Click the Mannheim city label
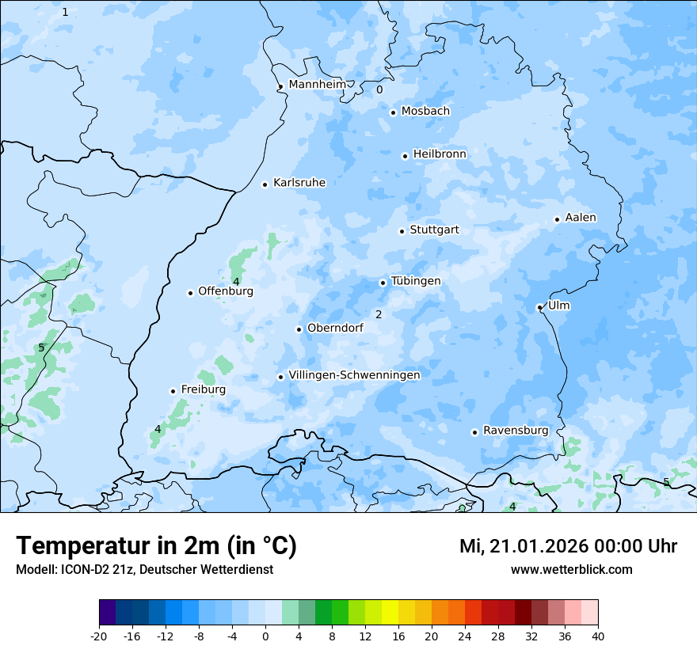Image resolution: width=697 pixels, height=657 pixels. point(317,84)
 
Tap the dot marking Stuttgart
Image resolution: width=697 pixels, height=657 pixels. point(402,231)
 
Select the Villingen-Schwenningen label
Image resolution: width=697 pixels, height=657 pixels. point(354,374)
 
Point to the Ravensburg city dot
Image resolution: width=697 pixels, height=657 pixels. point(474,432)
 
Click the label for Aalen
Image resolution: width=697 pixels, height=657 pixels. point(581,218)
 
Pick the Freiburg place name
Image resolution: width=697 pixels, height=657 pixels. point(203,389)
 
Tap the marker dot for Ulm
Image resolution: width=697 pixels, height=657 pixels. point(539,307)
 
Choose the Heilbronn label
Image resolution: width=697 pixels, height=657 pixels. point(440,154)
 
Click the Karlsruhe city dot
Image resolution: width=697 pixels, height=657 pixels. point(265,184)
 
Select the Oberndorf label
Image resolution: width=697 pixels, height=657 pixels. point(335,328)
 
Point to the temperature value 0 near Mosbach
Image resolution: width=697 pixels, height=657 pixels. point(379,89)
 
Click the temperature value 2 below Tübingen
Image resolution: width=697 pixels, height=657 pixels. point(379,314)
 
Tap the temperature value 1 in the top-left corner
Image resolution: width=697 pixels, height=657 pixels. point(65,12)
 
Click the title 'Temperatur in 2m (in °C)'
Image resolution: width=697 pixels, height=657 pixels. point(156,545)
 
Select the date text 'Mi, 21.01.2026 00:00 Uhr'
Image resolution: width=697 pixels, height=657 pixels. point(568,546)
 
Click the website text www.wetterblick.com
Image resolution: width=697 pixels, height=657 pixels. point(571,569)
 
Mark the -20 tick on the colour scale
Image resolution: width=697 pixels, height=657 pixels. point(99,636)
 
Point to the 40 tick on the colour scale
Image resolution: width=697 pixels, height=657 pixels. point(598,636)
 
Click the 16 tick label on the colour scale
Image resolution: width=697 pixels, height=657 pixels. point(398,636)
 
